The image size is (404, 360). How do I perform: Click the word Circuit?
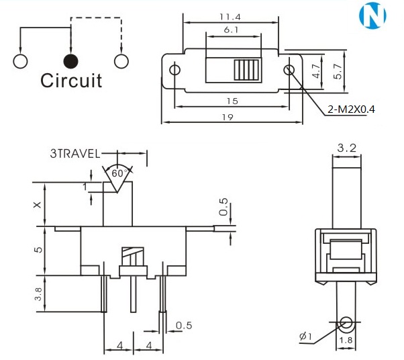point(71,81)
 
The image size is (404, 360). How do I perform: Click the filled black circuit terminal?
point(70,61)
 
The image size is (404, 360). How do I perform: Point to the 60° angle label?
point(120,173)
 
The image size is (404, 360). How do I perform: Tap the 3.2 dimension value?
point(346,146)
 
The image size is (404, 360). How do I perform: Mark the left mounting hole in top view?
point(175,71)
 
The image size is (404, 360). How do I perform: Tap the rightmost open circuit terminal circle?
point(121,61)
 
